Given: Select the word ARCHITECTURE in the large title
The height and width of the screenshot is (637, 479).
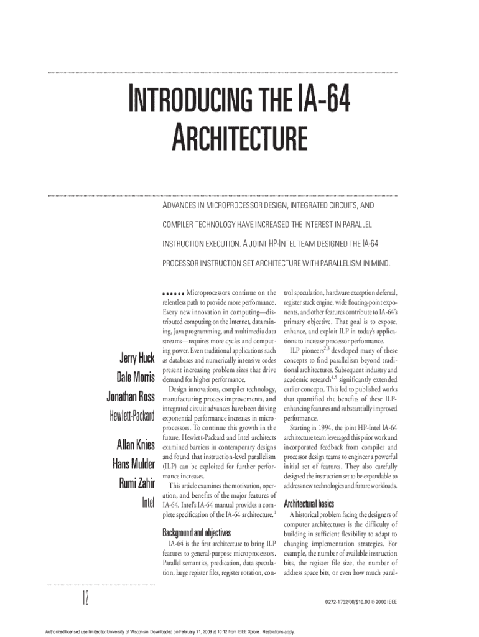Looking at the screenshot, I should pyautogui.click(x=240, y=139).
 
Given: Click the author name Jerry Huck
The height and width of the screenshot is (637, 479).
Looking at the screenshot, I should pyautogui.click(x=136, y=358).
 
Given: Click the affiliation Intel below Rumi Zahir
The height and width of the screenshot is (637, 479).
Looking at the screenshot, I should pyautogui.click(x=147, y=502).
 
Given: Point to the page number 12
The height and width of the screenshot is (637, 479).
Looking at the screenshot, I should pyautogui.click(x=84, y=598).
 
